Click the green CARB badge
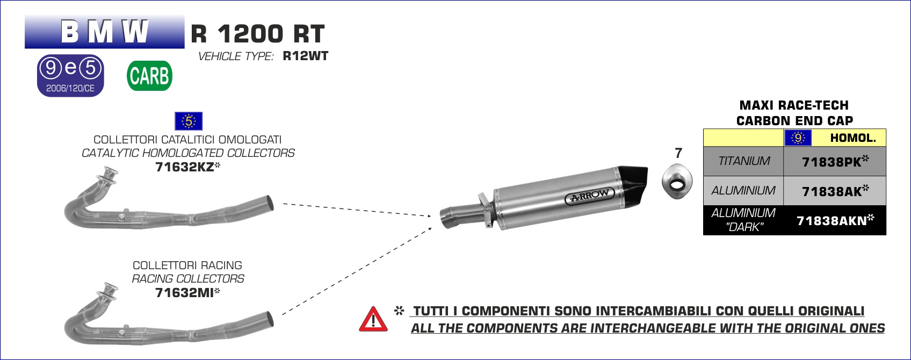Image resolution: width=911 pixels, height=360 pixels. tap(149, 76)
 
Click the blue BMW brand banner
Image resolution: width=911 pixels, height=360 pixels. tap(105, 32)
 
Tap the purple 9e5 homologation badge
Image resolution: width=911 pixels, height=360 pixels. tap(70, 76)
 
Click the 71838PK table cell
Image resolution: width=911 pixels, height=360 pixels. tap(835, 162)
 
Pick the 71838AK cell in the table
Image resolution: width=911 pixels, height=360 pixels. tap(835, 191)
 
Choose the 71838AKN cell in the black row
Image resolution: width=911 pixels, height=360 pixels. tap(835, 220)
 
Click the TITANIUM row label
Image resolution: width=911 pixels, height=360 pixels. tap(744, 161)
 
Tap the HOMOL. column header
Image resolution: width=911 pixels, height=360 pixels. tap(853, 138)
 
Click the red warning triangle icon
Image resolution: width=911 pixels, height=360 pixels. tap(373, 319)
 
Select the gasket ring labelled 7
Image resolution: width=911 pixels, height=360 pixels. tap(677, 182)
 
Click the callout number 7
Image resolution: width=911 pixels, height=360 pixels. tap(678, 153)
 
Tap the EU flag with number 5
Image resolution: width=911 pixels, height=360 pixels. tap(189, 121)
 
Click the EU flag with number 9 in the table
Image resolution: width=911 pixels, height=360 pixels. tap(798, 138)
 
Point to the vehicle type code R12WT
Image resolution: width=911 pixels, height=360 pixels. tap(306, 56)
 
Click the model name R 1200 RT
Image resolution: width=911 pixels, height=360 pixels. tap(258, 33)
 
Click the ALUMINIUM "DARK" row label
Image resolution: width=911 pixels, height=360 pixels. tap(743, 220)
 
